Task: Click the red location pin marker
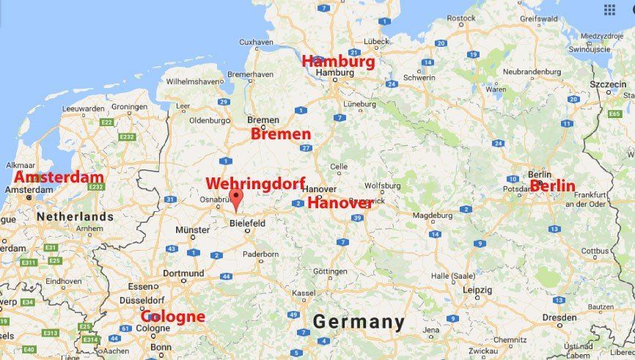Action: (x=235, y=199)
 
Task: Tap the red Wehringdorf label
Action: (x=255, y=183)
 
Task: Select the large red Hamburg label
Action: (x=338, y=62)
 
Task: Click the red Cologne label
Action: (x=173, y=317)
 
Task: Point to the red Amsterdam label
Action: (x=59, y=177)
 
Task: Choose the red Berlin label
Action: (x=553, y=186)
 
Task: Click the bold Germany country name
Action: (x=359, y=322)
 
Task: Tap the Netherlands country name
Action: (x=76, y=216)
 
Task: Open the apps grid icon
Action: (x=609, y=10)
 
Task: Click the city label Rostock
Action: (x=461, y=18)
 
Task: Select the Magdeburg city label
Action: (x=432, y=216)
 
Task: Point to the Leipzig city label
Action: (x=477, y=289)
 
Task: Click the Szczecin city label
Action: (x=608, y=85)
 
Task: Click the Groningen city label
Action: (x=129, y=107)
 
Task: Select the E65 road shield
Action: (x=614, y=114)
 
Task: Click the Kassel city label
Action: (x=304, y=293)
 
